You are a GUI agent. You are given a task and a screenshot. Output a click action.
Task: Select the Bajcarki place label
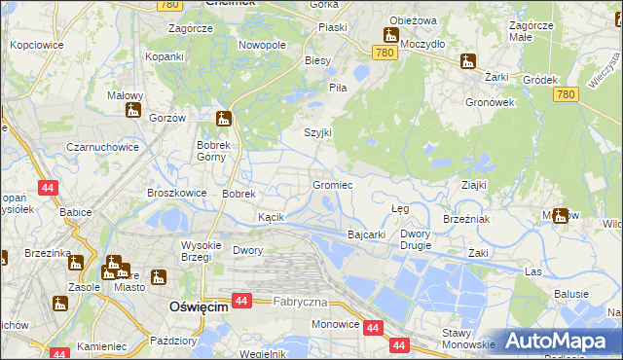pyautogui.click(x=368, y=234)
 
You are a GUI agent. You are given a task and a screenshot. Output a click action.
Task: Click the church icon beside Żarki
pyautogui.click(x=468, y=61)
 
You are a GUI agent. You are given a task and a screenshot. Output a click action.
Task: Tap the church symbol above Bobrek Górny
pyautogui.click(x=224, y=120)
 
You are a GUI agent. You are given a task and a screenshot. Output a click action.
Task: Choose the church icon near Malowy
pyautogui.click(x=131, y=109)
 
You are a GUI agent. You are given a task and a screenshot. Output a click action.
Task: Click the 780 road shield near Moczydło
pyautogui.click(x=386, y=53)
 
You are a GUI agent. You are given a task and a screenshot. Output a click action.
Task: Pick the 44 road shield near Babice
pyautogui.click(x=47, y=186)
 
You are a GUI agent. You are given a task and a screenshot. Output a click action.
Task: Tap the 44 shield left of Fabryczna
pyautogui.click(x=243, y=303)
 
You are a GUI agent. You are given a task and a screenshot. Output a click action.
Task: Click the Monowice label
pyautogui.click(x=333, y=326)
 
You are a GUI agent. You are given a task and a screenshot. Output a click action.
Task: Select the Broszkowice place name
pyautogui.click(x=176, y=193)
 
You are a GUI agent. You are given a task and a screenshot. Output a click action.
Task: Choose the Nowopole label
pyautogui.click(x=262, y=45)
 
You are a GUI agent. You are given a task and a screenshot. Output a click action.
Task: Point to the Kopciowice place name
pyautogui.click(x=36, y=45)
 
